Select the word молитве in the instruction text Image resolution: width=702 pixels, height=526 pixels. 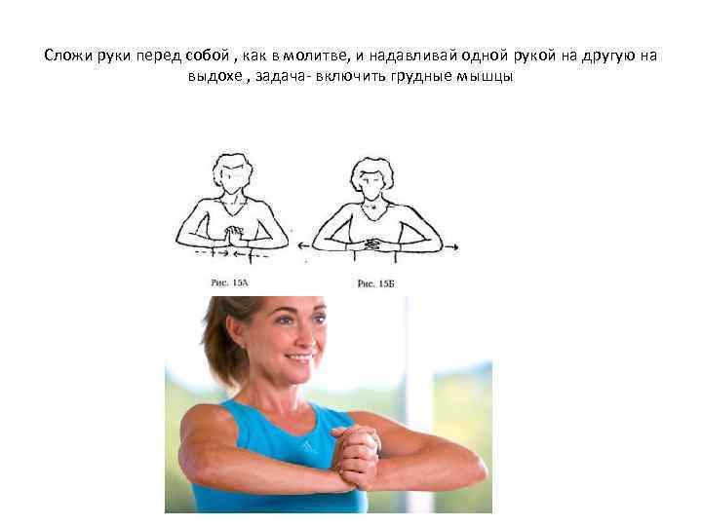click(325, 56)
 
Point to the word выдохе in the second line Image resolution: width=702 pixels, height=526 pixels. click(217, 78)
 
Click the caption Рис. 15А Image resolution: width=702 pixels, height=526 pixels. click(231, 282)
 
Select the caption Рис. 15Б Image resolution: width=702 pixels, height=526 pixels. click(375, 282)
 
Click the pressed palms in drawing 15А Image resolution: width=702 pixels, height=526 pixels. click(232, 235)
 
